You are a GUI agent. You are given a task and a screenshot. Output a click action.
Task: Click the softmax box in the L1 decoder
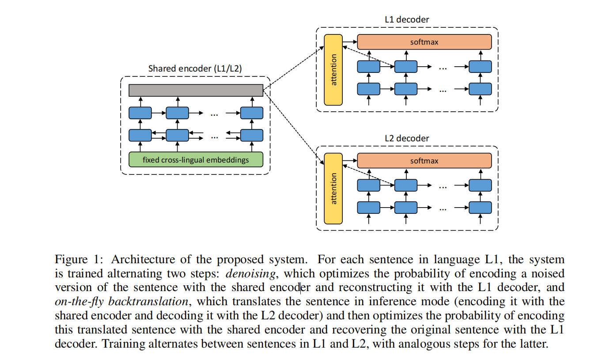pos(424,42)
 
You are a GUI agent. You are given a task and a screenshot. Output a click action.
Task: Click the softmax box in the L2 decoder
pos(424,161)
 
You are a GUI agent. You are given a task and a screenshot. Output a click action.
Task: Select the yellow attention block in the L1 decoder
pos(333,70)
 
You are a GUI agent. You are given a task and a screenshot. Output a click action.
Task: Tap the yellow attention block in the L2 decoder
pos(333,189)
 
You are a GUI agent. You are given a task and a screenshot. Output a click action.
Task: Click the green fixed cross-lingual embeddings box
pos(196,159)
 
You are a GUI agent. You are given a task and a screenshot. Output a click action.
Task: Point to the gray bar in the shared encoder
pos(196,90)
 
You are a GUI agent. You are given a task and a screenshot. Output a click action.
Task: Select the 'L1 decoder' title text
pos(407,19)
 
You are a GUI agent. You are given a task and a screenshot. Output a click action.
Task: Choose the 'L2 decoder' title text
pos(407,138)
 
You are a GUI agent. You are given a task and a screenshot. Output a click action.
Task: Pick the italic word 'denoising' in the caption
pos(250,274)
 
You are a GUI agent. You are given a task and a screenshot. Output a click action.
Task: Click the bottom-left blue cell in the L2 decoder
pos(368,207)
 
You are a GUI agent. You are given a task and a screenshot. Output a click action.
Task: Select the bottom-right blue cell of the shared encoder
pos(251,135)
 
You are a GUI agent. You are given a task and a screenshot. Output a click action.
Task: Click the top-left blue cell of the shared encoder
pos(140,113)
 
